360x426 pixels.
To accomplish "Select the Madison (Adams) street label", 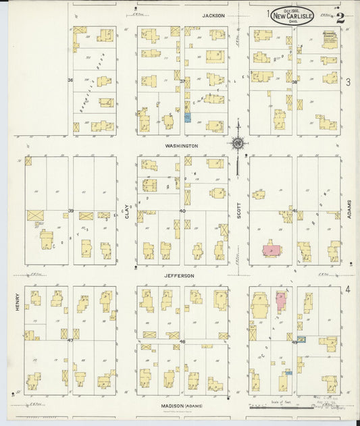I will tap(182, 406).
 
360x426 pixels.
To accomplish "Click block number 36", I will tap(70, 80).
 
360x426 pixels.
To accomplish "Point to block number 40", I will tap(182, 211).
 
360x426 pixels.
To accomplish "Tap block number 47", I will tap(70, 340).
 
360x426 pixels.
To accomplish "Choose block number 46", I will tap(182, 342).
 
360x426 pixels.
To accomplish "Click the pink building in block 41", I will tap(272, 250).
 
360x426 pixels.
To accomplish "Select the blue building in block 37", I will tap(188, 117).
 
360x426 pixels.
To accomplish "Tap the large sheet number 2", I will tap(340, 18).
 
